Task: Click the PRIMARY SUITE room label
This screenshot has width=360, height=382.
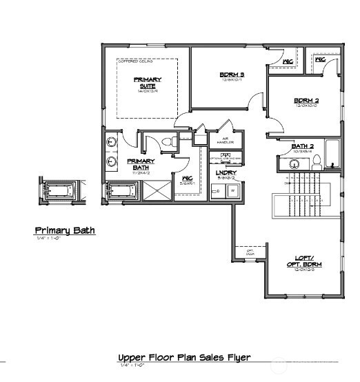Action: coord(148,83)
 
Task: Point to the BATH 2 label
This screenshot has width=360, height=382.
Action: coord(303,147)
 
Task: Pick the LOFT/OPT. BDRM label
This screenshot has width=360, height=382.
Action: coord(303,263)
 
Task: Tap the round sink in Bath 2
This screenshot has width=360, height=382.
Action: coord(294,164)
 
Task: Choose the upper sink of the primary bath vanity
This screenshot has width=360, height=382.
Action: coord(112,143)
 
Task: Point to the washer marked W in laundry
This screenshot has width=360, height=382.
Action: coord(232,191)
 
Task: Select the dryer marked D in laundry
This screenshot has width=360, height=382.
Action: coord(219,191)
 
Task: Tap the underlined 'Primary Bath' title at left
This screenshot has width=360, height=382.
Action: coord(65,230)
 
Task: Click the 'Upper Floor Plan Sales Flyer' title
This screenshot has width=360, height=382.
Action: coord(183,357)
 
